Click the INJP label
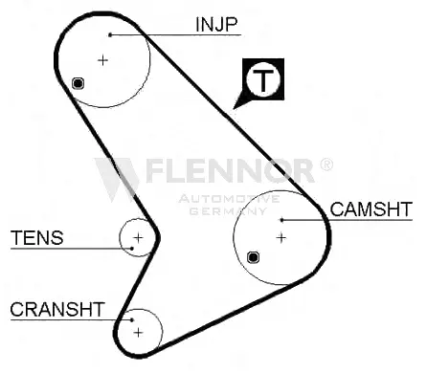click(x=216, y=24)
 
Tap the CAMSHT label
click(x=371, y=209)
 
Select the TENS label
click(x=37, y=237)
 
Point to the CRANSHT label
click(x=57, y=309)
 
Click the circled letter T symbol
click(x=263, y=78)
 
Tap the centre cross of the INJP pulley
click(x=102, y=60)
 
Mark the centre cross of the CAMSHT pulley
click(x=281, y=237)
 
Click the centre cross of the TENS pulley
click(x=138, y=237)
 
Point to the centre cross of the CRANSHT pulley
click(x=138, y=333)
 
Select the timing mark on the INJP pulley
click(x=79, y=83)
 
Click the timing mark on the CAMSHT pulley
click(x=253, y=257)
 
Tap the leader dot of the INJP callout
click(x=110, y=34)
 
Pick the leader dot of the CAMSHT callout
click(x=281, y=220)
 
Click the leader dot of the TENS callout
click(x=132, y=249)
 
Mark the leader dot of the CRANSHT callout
click(x=132, y=319)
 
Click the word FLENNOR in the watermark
click(x=231, y=171)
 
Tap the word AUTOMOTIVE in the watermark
click(x=229, y=199)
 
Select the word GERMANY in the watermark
click(x=228, y=211)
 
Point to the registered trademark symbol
click(x=326, y=165)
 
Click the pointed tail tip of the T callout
click(x=234, y=109)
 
